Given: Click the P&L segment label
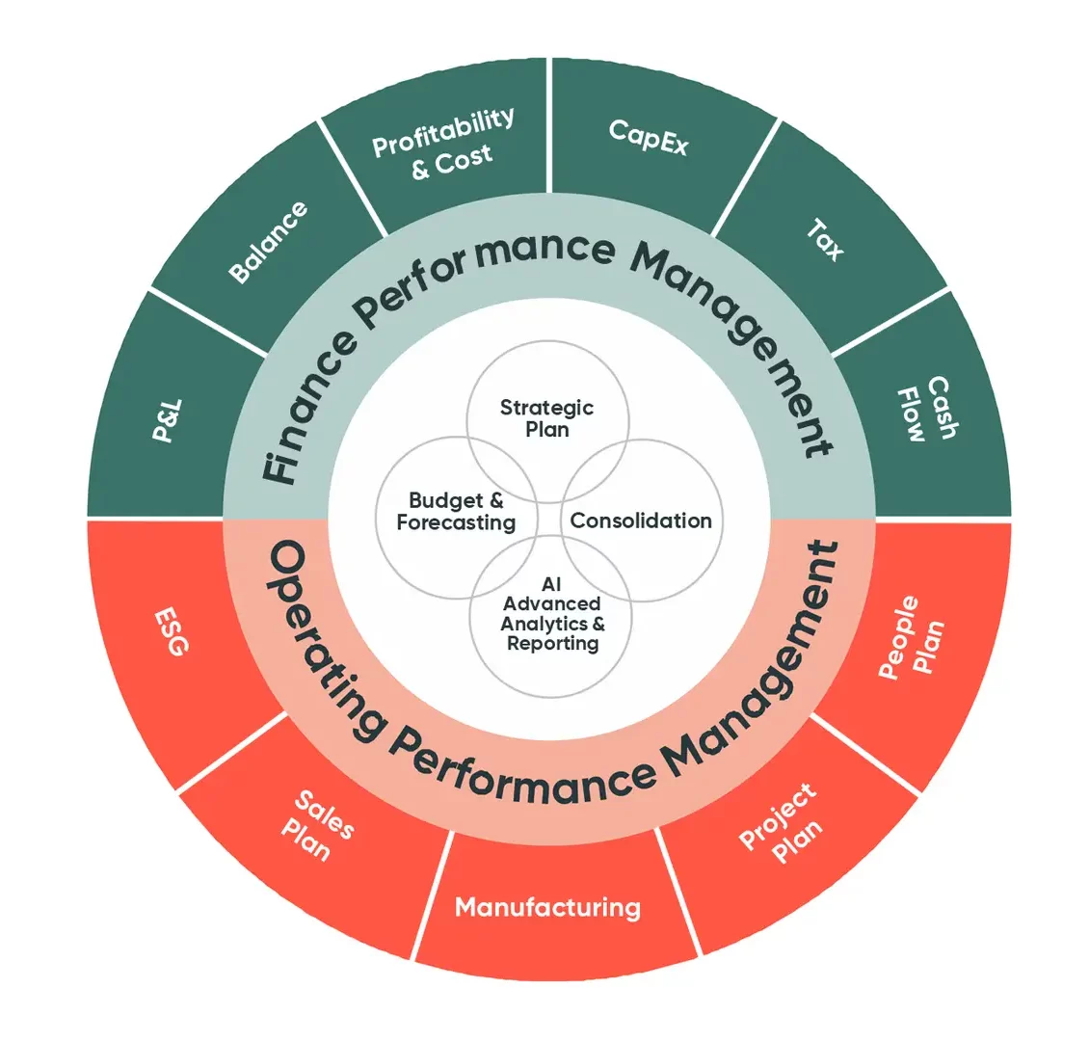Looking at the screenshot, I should pyautogui.click(x=168, y=421).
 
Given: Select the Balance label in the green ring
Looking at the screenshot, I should pyautogui.click(x=270, y=243).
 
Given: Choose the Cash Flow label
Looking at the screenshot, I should pyautogui.click(x=926, y=409).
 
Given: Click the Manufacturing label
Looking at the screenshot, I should pyautogui.click(x=547, y=906).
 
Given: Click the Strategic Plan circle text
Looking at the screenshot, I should pyautogui.click(x=546, y=418).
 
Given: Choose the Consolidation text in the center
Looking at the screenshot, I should pyautogui.click(x=641, y=520).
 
